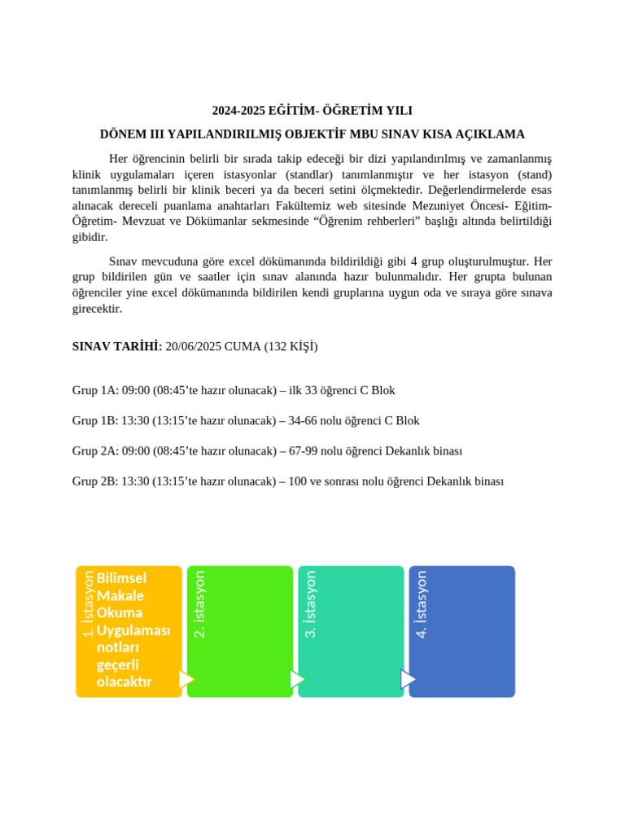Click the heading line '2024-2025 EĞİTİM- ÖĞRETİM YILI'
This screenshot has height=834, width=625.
coord(312,110)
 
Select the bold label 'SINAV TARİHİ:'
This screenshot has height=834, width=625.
coord(117,346)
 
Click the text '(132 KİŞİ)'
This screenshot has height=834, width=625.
coord(291,346)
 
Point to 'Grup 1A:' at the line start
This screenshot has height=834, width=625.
coord(95,390)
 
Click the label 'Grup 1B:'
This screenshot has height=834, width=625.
coord(95,420)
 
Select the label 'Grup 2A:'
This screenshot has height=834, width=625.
coord(95,450)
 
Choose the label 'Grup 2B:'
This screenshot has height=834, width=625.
coord(95,481)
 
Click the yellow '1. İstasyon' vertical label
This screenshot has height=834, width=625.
coord(88,604)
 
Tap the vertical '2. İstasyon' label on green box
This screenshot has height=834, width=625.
coord(199,604)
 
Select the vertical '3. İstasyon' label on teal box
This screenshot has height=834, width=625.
coord(310,604)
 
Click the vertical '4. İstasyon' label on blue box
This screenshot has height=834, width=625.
coord(421,604)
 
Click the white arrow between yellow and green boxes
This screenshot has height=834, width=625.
coord(186,679)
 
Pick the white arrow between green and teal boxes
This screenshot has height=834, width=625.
coord(297,679)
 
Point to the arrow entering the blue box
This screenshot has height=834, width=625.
coord(408,679)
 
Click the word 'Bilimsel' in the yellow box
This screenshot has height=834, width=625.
coord(121,578)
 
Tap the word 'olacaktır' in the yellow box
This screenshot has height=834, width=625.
coord(124,682)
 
